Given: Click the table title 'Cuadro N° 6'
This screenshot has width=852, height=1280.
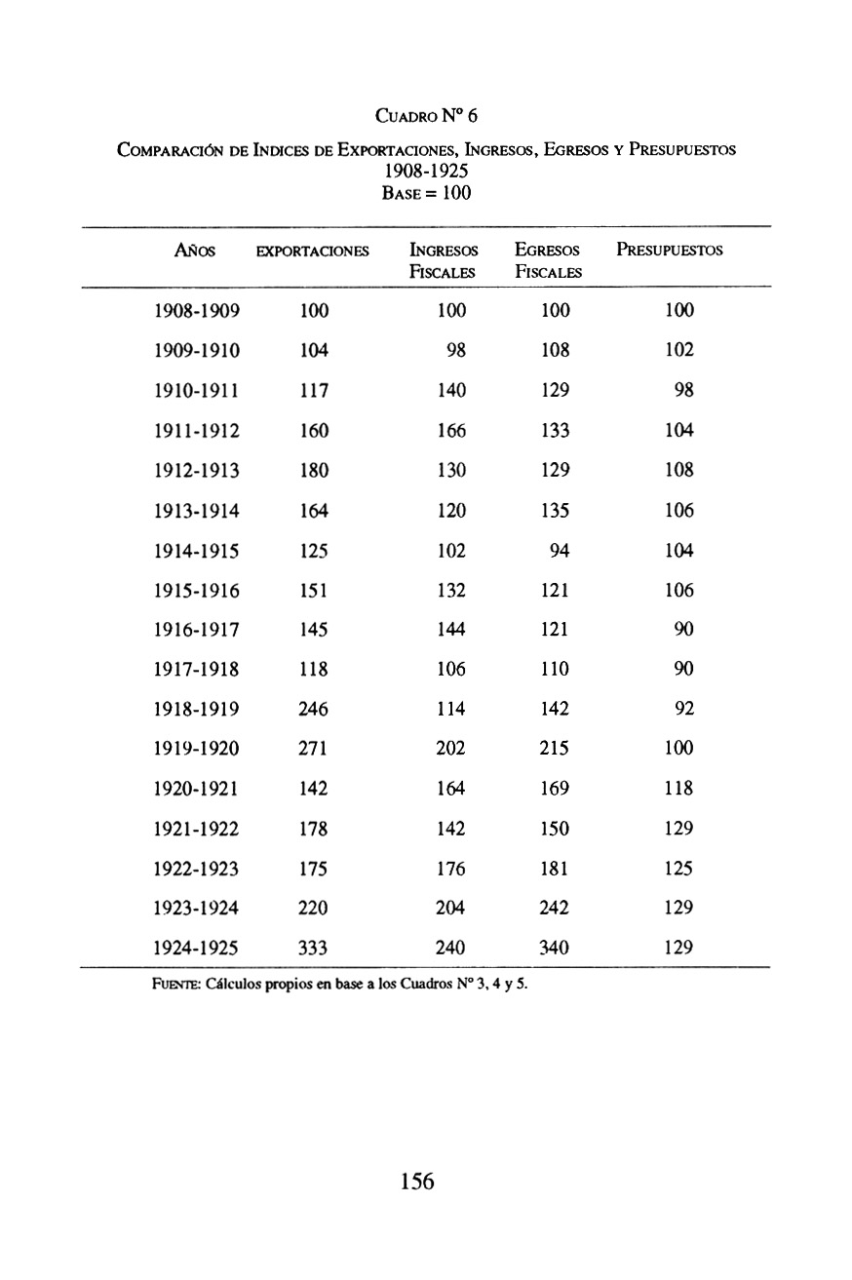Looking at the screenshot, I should click(426, 117).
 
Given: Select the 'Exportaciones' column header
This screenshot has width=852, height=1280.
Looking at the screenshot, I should click(312, 252).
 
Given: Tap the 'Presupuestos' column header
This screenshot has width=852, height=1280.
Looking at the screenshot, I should click(670, 251).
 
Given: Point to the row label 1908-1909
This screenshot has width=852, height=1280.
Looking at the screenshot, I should click(198, 311).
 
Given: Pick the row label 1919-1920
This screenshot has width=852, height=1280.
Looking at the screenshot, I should click(198, 749).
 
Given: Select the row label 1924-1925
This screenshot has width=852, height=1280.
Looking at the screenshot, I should click(198, 948).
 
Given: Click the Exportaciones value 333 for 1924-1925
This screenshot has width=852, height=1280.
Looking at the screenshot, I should click(314, 948).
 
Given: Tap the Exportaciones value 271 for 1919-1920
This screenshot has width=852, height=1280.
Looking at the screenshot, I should click(314, 749).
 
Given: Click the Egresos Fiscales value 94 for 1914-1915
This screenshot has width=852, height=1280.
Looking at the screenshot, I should click(560, 550).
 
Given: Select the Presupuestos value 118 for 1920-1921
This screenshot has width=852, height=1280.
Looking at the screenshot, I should click(678, 789).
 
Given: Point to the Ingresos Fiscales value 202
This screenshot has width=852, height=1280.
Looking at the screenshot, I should click(451, 749).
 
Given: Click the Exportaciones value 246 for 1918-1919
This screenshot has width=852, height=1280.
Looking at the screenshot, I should click(314, 709).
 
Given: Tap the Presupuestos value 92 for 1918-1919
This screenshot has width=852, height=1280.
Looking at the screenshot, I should click(683, 709).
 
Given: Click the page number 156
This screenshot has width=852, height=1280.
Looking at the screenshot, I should click(416, 1183).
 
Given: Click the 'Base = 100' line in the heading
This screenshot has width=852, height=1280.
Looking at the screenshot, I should click(426, 193).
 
